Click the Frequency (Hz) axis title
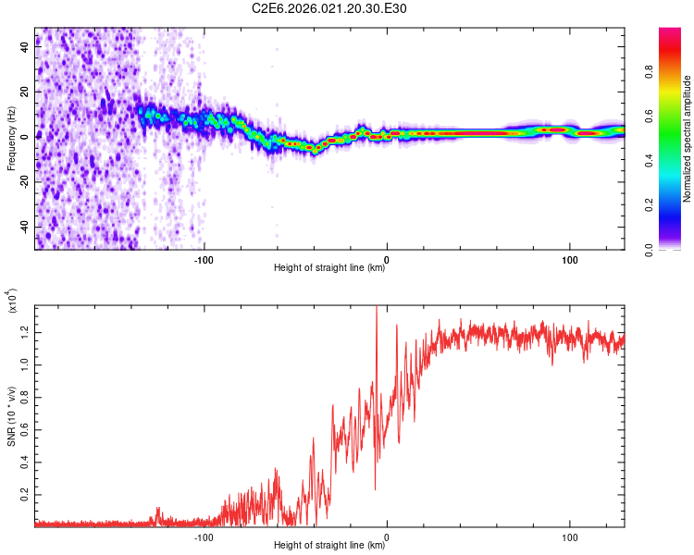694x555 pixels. (11, 139)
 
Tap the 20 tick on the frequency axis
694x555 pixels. (23, 92)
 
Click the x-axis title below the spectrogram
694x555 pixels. (329, 268)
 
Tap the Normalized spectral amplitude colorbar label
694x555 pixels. (688, 139)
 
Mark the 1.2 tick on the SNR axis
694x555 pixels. (23, 331)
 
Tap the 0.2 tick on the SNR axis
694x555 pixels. (23, 495)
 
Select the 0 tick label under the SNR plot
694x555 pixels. (387, 536)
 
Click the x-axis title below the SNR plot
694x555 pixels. (329, 546)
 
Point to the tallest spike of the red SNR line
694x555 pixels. (376, 309)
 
